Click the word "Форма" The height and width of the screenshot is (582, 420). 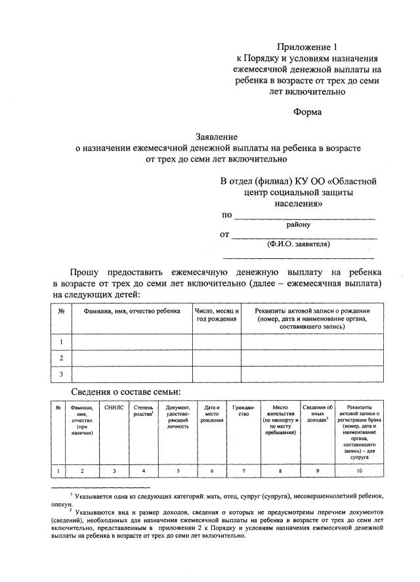[x=307, y=112]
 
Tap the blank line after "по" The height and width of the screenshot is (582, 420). [x=305, y=216]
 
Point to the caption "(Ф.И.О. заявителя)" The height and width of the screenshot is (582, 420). [x=299, y=244]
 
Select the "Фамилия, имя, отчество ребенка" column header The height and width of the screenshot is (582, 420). [x=131, y=310]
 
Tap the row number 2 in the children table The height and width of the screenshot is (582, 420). [x=61, y=358]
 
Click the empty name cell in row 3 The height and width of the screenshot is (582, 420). [x=131, y=374]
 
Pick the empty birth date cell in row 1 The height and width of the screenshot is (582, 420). [x=217, y=342]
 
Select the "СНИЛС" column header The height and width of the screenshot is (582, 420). [x=114, y=408]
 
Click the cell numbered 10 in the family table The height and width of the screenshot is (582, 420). [x=359, y=470]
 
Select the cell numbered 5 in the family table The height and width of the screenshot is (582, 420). [x=178, y=470]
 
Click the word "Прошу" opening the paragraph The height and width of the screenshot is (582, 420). [x=87, y=271]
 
